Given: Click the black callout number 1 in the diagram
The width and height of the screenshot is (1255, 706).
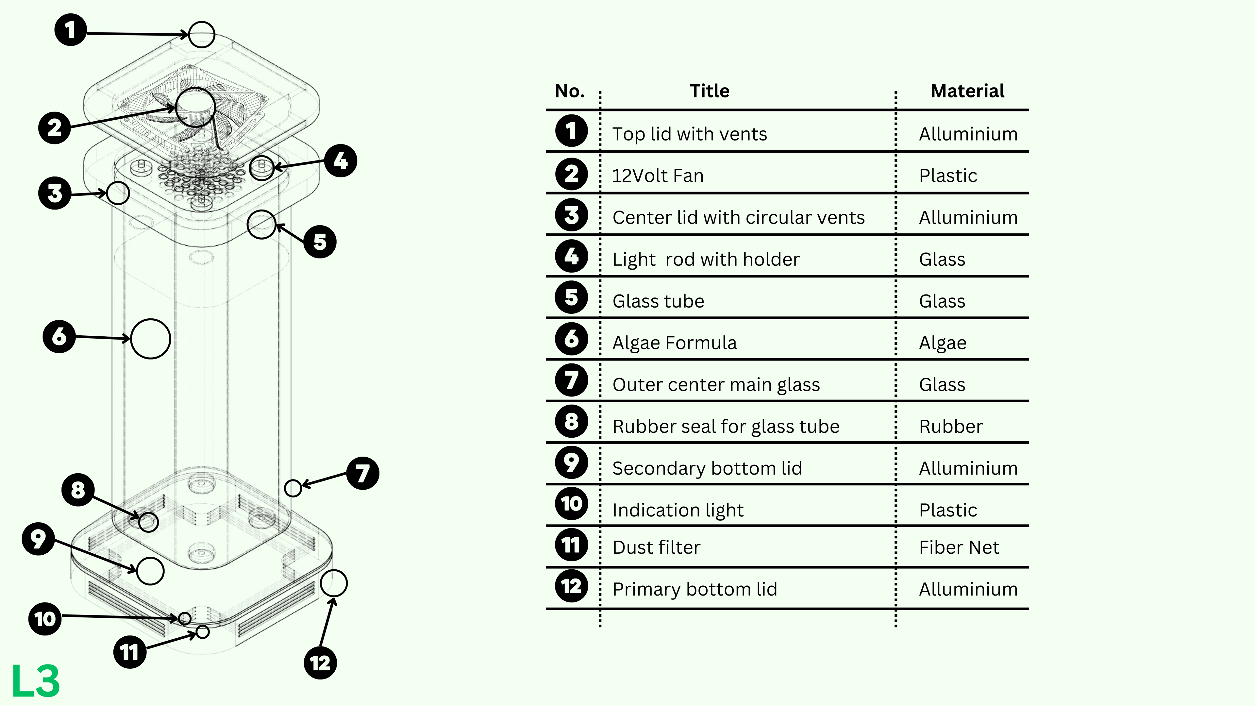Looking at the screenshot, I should click(71, 30).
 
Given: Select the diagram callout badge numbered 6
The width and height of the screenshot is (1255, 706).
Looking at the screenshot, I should click(59, 336).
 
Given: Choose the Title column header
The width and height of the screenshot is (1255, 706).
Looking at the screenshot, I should click(709, 91).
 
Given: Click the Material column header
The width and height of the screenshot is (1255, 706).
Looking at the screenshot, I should click(967, 91).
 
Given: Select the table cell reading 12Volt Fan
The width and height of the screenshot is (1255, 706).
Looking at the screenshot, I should click(658, 176).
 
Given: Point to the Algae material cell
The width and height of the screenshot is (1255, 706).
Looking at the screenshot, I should click(942, 343).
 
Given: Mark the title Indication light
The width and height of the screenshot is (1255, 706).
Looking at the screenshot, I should click(678, 510).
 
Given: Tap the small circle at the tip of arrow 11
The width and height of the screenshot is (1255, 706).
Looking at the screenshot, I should click(203, 632).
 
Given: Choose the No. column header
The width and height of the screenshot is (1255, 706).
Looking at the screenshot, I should click(570, 91).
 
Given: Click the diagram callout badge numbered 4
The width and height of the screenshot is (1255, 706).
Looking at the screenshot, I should click(341, 161).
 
